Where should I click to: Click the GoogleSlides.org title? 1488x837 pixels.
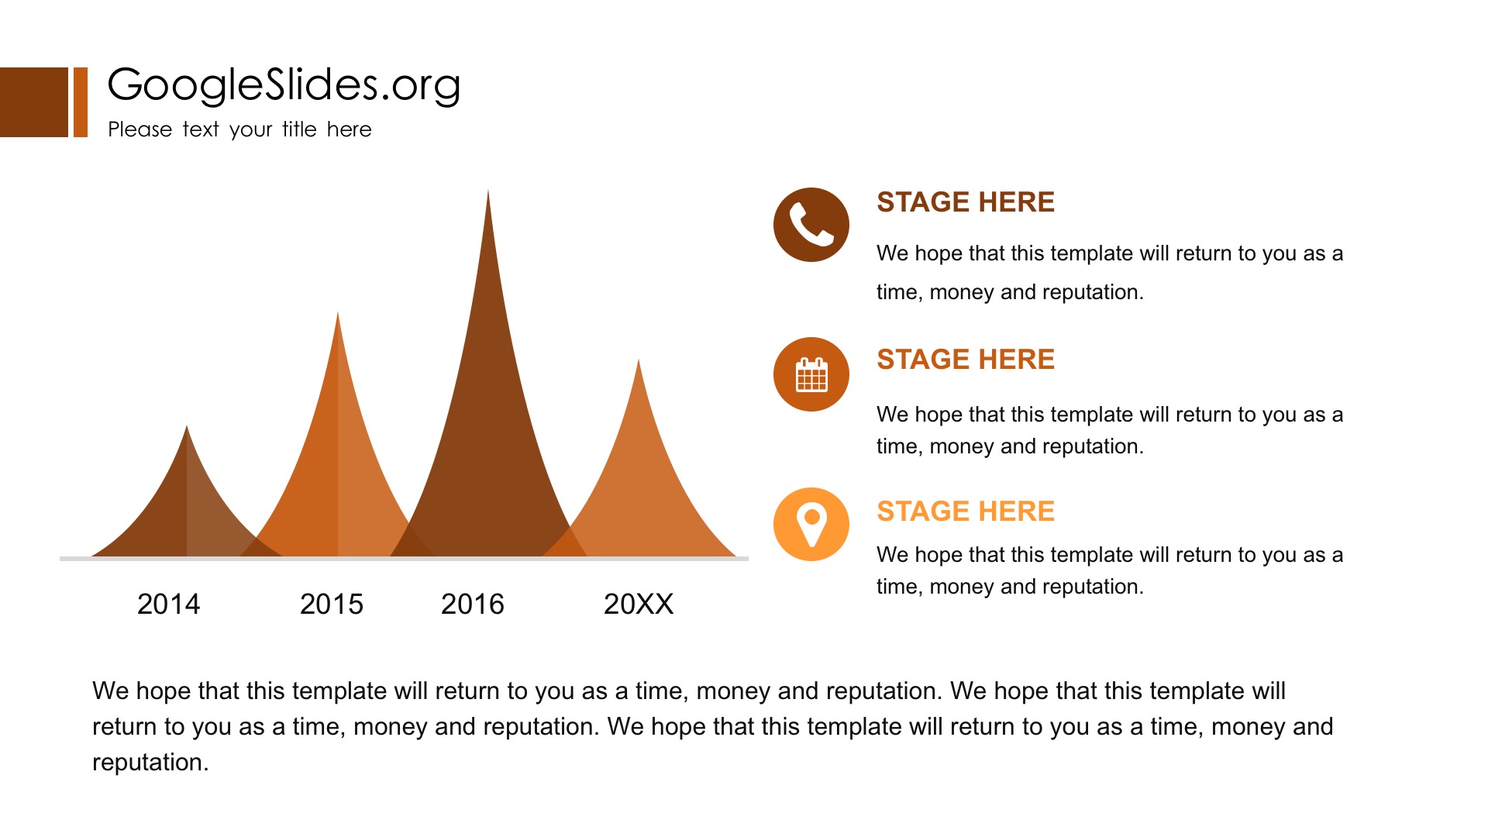(284, 85)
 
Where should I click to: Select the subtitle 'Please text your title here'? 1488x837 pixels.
(239, 129)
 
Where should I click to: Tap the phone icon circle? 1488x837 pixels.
(811, 225)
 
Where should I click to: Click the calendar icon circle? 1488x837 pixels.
(811, 374)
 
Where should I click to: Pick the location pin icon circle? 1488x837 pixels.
(811, 525)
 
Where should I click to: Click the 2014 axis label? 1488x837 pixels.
(168, 604)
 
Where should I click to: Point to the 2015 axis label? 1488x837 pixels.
(331, 604)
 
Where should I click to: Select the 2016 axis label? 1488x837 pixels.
(472, 604)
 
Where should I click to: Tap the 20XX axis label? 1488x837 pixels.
(639, 604)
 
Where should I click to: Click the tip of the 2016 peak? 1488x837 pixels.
(487, 190)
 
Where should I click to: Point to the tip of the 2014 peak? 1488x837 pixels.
(187, 426)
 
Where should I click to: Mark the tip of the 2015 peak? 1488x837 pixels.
(337, 312)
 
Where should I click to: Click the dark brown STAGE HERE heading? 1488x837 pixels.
(966, 202)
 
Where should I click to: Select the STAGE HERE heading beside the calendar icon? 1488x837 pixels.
(966, 360)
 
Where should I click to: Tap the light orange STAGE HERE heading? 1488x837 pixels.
(966, 511)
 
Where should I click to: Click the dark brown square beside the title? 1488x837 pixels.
(34, 102)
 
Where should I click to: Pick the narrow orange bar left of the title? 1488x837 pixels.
(81, 102)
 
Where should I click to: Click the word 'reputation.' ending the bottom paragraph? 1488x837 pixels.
(150, 763)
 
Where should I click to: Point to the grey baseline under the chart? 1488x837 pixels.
(404, 559)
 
